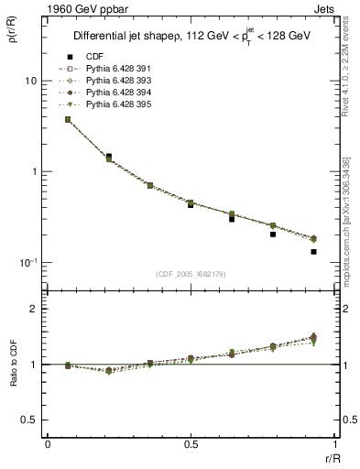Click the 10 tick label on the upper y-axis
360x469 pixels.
30,82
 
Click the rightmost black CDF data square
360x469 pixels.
313,251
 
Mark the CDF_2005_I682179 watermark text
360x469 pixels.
189,275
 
